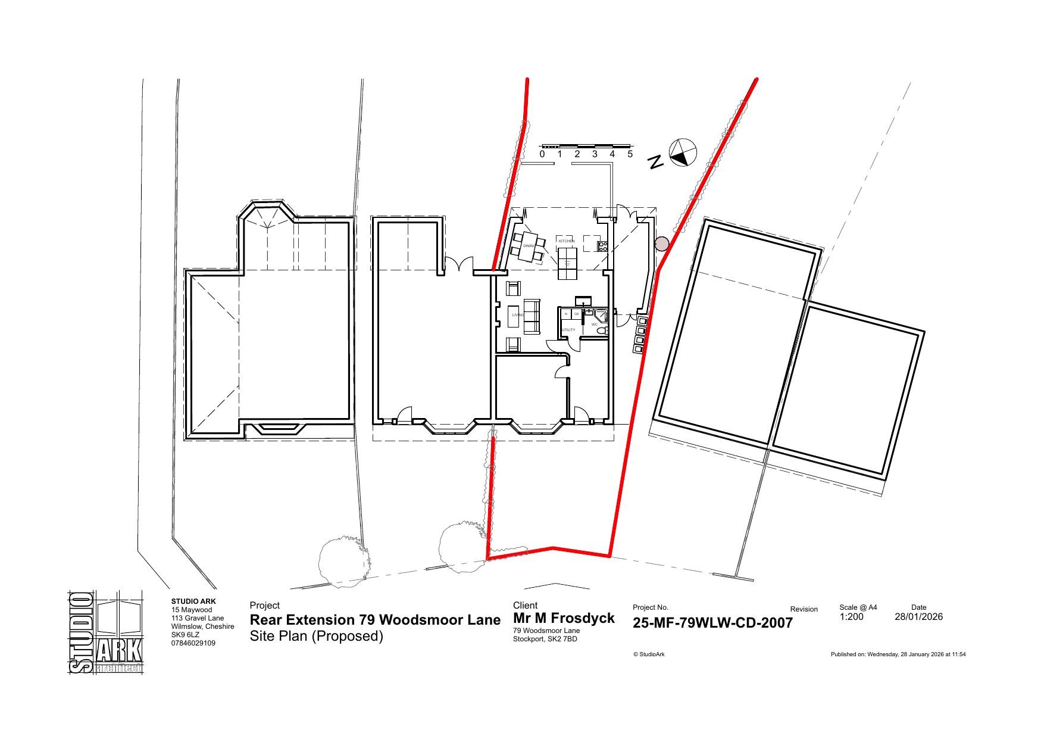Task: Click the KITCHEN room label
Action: coord(566,241)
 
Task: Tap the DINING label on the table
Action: coord(529,246)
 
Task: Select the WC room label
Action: coord(594,325)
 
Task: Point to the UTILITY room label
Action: coord(568,330)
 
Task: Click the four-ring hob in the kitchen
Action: coord(602,245)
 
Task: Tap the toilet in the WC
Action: coord(601,330)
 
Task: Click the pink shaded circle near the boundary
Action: coord(661,244)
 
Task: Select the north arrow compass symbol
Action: coord(683,152)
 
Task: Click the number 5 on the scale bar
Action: coord(630,154)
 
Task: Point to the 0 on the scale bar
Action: coord(542,154)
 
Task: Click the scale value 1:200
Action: coord(851,617)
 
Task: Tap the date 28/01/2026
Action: coord(918,617)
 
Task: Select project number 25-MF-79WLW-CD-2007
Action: coord(712,623)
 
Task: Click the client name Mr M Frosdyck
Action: coord(564,618)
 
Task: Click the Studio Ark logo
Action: coord(106,632)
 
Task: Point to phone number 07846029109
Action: coord(193,643)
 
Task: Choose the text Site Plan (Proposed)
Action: coord(316,636)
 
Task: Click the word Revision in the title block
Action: coord(804,609)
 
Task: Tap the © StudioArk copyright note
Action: coord(649,654)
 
